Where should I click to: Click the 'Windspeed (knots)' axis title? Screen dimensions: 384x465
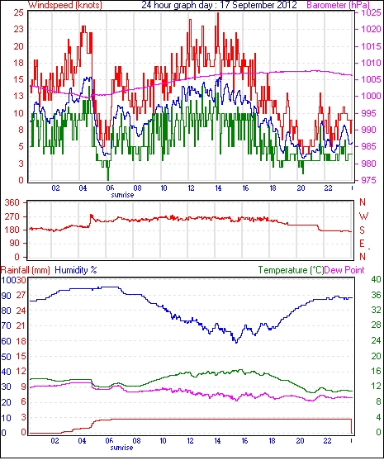tap(65, 5)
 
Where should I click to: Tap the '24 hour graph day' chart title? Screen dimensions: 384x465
tap(177, 5)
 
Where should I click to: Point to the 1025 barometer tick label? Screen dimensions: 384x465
tap(371, 12)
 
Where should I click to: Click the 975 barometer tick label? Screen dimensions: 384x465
tap(369, 180)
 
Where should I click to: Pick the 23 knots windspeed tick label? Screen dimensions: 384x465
tap(19, 30)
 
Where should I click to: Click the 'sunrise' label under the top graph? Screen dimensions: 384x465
tap(122, 195)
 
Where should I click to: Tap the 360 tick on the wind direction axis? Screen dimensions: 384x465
tap(12, 203)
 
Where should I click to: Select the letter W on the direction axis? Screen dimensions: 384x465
tap(363, 216)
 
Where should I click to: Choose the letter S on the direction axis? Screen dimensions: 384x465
tap(362, 230)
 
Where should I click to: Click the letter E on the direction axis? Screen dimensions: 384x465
tap(362, 244)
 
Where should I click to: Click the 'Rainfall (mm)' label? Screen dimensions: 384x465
tap(26, 270)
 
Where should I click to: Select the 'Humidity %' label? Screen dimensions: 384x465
tap(76, 270)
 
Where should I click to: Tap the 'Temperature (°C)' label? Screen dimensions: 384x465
tap(291, 270)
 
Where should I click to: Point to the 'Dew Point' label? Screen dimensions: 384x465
tap(344, 270)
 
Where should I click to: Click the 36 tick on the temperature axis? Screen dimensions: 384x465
tap(376, 295)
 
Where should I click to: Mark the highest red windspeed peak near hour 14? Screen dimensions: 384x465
tap(218, 12)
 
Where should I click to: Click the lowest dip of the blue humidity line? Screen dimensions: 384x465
tap(236, 343)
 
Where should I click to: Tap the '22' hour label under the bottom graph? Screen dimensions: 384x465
tap(327, 440)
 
